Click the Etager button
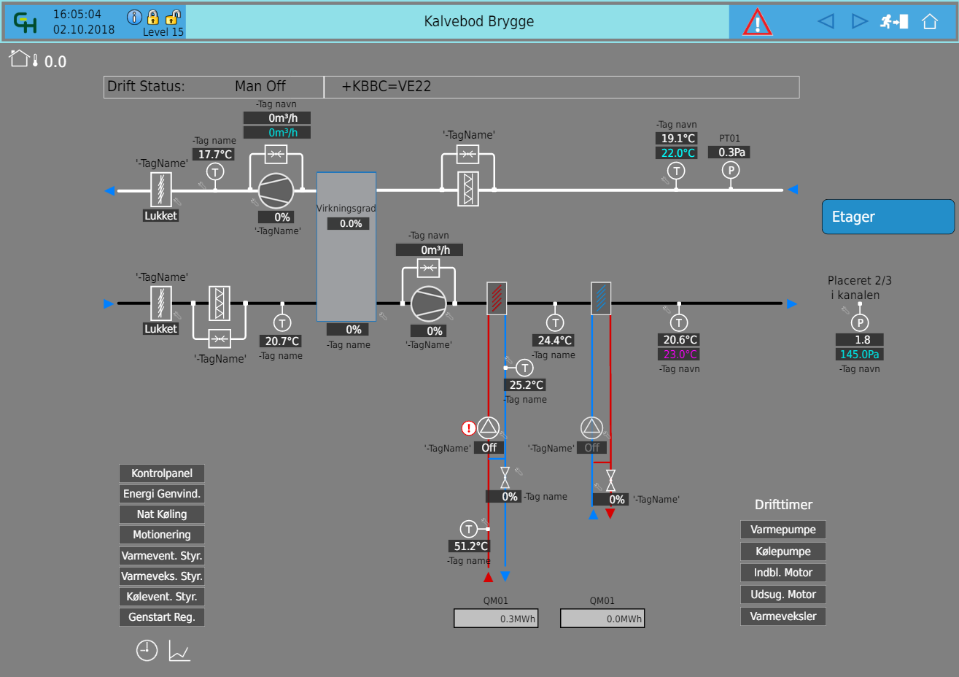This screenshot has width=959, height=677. tap(888, 217)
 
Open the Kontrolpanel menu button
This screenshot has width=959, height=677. tap(162, 473)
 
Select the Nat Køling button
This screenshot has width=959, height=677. tap(162, 514)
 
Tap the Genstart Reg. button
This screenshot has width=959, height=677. tap(162, 617)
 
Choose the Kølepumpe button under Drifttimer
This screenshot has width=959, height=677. tap(783, 551)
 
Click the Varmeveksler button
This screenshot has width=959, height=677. tap(783, 616)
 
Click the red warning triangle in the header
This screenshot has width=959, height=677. tap(757, 23)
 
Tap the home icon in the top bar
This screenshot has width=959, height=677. tap(929, 21)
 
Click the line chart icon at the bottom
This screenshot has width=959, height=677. tap(179, 651)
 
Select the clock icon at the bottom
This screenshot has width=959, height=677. tap(147, 651)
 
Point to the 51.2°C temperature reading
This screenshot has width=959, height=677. tap(470, 546)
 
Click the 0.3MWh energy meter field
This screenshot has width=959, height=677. tap(496, 619)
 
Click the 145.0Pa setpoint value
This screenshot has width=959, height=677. tap(859, 354)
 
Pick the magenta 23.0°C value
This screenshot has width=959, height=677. tap(680, 354)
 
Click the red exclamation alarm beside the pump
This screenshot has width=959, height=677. tap(468, 428)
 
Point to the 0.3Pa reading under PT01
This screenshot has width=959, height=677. tap(731, 152)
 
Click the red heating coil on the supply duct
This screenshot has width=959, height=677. tap(497, 298)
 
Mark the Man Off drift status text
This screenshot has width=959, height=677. tap(260, 86)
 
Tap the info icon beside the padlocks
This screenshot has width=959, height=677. tap(134, 18)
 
